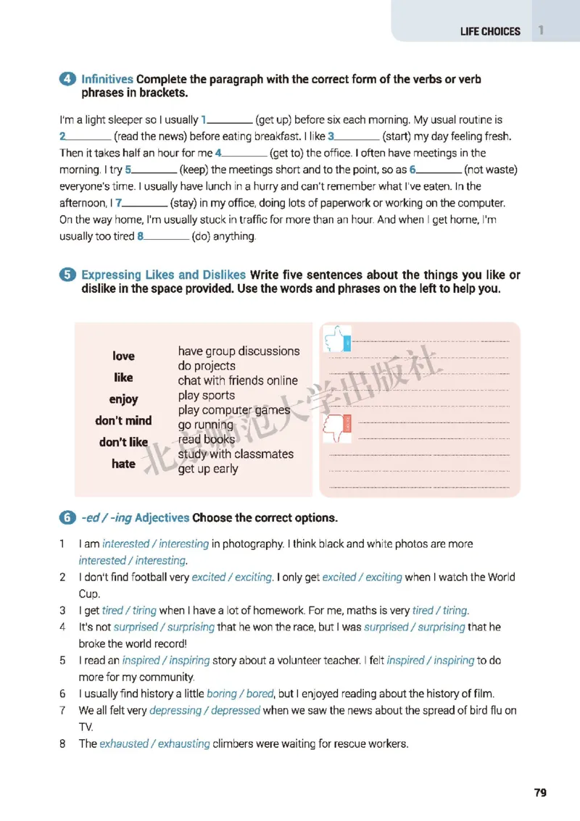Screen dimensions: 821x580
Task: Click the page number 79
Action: click(540, 792)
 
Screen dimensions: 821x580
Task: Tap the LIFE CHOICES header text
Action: click(490, 31)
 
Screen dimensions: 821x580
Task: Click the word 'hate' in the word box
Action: click(123, 464)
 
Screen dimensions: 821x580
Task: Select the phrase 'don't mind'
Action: click(123, 420)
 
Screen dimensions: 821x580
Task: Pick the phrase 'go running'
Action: click(206, 425)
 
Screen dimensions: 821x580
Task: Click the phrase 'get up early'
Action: click(208, 469)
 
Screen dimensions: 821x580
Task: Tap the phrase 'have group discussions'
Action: click(239, 351)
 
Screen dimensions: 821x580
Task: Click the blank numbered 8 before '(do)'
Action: click(166, 236)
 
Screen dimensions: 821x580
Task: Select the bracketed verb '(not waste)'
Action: click(491, 170)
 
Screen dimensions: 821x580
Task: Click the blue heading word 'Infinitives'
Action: click(107, 80)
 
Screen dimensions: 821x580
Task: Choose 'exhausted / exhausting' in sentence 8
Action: click(154, 743)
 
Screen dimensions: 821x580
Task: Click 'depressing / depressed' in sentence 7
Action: click(204, 710)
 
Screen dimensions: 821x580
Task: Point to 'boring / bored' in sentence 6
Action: click(240, 693)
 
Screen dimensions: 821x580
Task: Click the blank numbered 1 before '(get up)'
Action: click(229, 120)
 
